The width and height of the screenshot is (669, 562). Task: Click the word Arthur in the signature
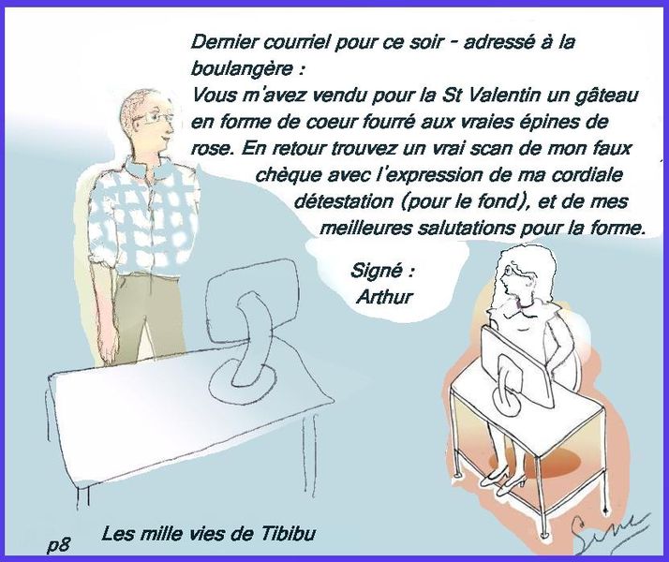coord(385,297)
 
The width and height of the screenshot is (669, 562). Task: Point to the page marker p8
coord(59,545)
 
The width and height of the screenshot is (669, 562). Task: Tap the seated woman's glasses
coord(511,271)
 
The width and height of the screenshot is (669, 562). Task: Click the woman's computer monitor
coord(517,367)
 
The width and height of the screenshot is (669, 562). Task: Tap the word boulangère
coord(243,69)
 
